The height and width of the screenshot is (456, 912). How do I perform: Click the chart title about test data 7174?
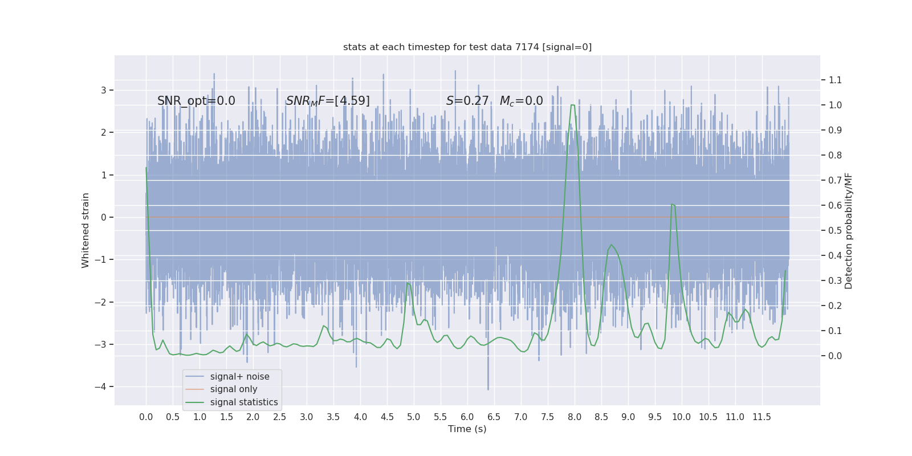pyautogui.click(x=467, y=47)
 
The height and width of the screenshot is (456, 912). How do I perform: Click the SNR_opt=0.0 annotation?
pyautogui.click(x=196, y=101)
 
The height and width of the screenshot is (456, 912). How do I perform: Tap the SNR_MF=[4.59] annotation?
pyautogui.click(x=328, y=101)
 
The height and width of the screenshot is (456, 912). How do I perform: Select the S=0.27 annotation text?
pyautogui.click(x=467, y=101)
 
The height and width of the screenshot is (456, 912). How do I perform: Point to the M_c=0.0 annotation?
pyautogui.click(x=521, y=101)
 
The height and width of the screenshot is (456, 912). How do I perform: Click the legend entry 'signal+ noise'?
pyautogui.click(x=239, y=377)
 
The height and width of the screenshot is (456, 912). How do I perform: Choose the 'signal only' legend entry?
pyautogui.click(x=234, y=389)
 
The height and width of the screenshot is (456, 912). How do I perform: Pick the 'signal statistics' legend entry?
pyautogui.click(x=244, y=402)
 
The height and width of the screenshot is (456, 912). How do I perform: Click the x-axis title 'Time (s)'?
pyautogui.click(x=467, y=429)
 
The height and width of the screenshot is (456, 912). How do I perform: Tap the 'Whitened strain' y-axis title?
pyautogui.click(x=85, y=230)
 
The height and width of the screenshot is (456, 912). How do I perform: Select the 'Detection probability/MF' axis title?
pyautogui.click(x=849, y=231)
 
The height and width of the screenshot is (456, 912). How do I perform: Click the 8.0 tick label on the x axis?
pyautogui.click(x=575, y=417)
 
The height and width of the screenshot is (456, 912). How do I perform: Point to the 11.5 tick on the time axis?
pyautogui.click(x=762, y=417)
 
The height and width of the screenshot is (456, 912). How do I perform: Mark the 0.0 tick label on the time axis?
pyautogui.click(x=146, y=417)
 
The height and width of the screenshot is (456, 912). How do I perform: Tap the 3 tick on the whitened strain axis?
pyautogui.click(x=104, y=91)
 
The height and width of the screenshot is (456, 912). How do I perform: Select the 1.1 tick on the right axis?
pyautogui.click(x=835, y=80)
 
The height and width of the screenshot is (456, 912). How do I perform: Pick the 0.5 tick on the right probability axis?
pyautogui.click(x=835, y=231)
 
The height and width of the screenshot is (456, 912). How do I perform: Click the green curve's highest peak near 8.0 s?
pyautogui.click(x=572, y=105)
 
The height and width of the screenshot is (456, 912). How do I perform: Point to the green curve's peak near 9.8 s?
pyautogui.click(x=673, y=205)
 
